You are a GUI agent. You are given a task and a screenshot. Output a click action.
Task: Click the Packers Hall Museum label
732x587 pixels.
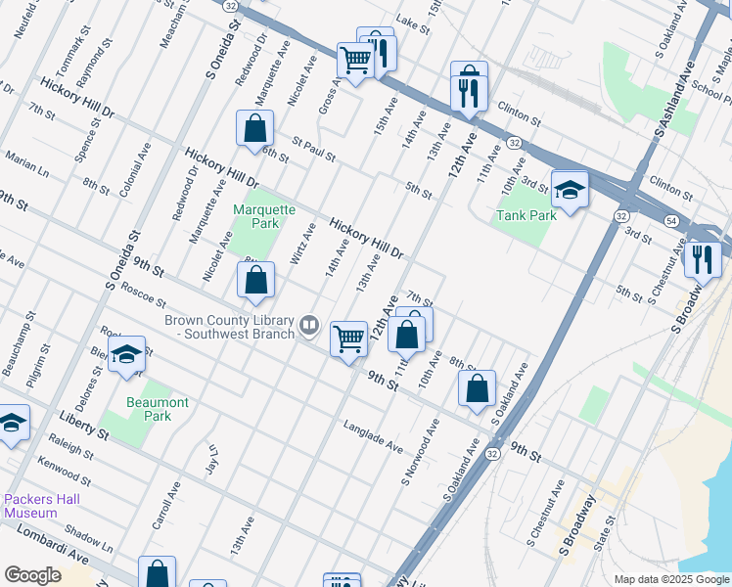42,505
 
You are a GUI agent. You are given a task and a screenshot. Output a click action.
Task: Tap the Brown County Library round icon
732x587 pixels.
309,324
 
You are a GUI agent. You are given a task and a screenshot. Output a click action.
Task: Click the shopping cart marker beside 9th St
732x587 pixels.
349,339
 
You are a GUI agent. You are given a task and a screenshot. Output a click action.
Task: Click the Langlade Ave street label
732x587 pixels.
372,437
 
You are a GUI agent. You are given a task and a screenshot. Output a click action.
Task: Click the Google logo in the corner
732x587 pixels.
32,575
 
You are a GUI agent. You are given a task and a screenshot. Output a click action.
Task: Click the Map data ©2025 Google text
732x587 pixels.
670,579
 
